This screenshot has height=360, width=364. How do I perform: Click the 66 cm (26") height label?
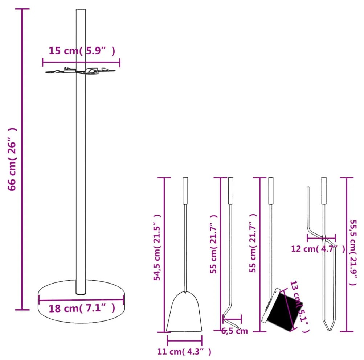click(12, 159)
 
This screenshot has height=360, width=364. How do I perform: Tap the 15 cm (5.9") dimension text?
click(82, 51)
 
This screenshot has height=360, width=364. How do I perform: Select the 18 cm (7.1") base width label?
click(82, 308)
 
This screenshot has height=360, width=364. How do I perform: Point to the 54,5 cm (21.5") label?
click(157, 247)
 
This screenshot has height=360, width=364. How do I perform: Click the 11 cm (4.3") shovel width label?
click(184, 352)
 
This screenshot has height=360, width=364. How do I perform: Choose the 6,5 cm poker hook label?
click(234, 331)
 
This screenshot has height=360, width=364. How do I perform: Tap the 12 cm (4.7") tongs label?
click(318, 249)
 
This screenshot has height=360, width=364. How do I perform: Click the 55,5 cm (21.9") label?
click(353, 252)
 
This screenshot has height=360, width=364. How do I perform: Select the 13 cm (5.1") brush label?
click(300, 306)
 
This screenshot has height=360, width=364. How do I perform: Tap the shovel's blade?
click(184, 312)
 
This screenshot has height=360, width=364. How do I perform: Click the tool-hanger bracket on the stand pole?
click(80, 71)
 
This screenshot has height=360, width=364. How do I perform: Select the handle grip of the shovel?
click(185, 191)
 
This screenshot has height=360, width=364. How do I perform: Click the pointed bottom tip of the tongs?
click(329, 330)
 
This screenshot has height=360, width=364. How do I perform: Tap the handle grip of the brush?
click(271, 191)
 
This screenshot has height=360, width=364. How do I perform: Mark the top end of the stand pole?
click(81, 9)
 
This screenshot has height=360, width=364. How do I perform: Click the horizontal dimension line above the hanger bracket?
click(81, 62)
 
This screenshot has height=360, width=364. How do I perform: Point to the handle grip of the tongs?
click(324, 191)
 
